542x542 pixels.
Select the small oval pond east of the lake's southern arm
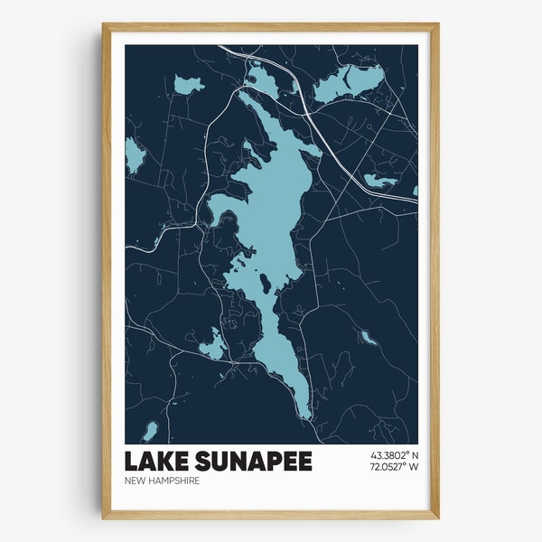pyautogui.click(x=367, y=338)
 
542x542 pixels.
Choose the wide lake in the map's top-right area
pyautogui.click(x=343, y=81)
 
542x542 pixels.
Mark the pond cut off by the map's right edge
pyautogui.click(x=414, y=192)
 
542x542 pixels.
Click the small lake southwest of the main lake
pyautogui.click(x=212, y=344)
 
